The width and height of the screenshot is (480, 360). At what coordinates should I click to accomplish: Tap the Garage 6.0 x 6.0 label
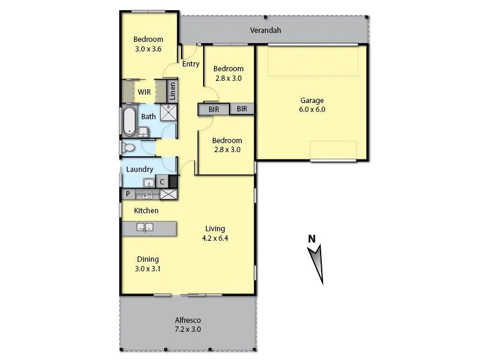(312, 105)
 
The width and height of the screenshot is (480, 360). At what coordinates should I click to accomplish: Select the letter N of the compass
(312, 239)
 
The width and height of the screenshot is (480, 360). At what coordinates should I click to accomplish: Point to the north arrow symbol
(317, 264)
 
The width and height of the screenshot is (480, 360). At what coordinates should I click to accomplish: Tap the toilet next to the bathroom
(128, 147)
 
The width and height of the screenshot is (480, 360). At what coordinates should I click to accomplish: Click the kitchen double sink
(145, 227)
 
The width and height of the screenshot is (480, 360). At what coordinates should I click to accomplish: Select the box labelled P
(128, 194)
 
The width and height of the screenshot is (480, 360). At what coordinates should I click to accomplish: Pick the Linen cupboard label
(172, 91)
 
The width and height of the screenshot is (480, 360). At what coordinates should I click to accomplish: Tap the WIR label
(144, 92)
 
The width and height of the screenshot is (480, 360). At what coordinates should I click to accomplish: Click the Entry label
(191, 64)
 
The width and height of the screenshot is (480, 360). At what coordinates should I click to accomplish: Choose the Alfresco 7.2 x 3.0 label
(188, 325)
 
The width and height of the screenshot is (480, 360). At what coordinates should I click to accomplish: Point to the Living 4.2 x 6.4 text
(215, 233)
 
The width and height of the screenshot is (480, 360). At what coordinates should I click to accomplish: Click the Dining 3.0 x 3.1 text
(147, 264)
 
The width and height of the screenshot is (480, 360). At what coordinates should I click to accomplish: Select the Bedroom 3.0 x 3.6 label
(149, 44)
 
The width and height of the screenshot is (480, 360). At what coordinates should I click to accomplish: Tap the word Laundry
(140, 170)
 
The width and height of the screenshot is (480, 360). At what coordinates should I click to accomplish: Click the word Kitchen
(146, 211)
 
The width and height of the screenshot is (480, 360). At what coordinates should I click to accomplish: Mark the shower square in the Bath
(168, 113)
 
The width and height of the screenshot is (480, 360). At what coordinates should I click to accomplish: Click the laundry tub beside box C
(149, 183)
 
